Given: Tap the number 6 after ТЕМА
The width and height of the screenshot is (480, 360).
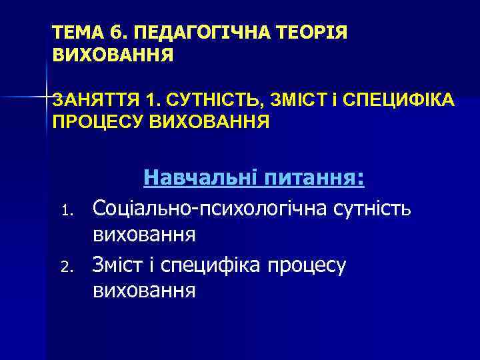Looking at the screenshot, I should (110, 33).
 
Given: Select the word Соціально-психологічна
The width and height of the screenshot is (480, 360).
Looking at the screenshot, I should (209, 209).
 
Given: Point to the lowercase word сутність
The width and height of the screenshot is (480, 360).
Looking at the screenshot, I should (371, 209).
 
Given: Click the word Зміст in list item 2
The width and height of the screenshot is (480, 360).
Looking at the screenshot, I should (117, 264).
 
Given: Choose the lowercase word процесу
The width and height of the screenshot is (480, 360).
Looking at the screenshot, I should (306, 264).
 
